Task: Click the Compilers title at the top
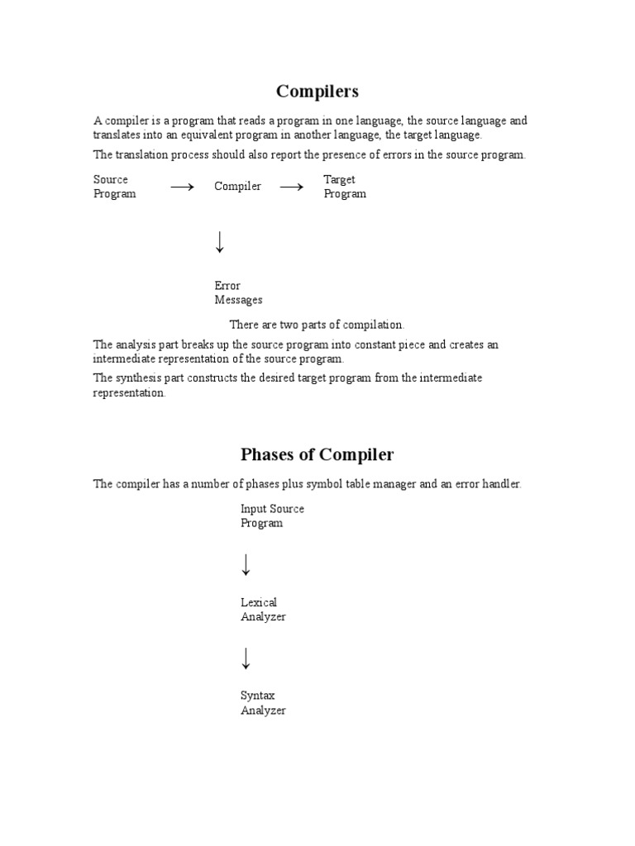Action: (x=317, y=91)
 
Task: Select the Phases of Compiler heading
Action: (x=317, y=454)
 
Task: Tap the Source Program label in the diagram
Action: (x=114, y=187)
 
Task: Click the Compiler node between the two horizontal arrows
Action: (x=237, y=187)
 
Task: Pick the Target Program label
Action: (x=344, y=187)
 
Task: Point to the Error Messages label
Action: (x=238, y=293)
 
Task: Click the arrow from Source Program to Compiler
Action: (x=182, y=188)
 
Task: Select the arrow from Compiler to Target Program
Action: (x=291, y=188)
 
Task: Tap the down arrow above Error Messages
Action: (x=220, y=242)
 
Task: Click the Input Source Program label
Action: (x=272, y=516)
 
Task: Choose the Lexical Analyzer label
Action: (x=263, y=610)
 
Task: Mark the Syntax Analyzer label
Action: (x=263, y=703)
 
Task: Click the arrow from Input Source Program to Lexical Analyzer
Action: (x=246, y=565)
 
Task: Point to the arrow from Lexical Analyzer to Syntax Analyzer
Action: (x=246, y=658)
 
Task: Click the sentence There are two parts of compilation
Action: (x=317, y=325)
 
